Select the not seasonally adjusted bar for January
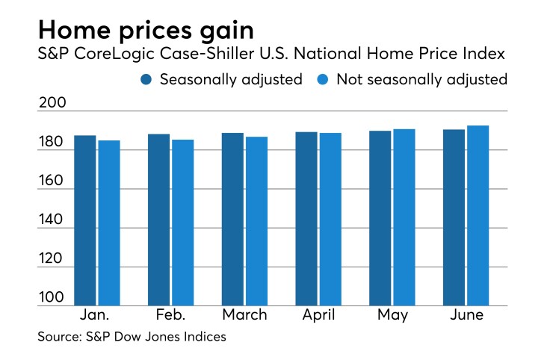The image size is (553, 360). coord(108,222)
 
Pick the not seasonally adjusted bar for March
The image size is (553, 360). coord(256,220)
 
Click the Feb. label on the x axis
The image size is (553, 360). coord(170,315)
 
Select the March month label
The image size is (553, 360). coord(244,315)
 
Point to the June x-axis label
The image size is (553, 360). coord(466,315)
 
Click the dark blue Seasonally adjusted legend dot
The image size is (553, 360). coord(146,79)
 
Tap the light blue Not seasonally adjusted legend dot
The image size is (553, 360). coord(323,79)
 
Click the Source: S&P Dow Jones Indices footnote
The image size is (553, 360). coord(132,337)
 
